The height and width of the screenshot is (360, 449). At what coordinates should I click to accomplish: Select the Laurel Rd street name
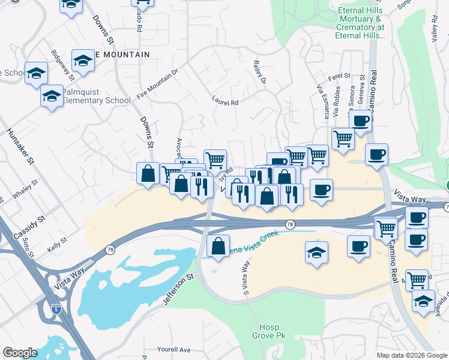tap(225, 102)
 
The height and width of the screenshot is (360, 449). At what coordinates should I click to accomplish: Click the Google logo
tap(20, 353)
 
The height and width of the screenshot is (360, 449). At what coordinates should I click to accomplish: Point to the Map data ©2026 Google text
tap(411, 355)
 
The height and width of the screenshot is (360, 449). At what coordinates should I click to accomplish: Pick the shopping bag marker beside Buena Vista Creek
tap(218, 246)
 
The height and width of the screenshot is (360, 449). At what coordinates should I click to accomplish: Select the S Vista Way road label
tap(245, 280)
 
